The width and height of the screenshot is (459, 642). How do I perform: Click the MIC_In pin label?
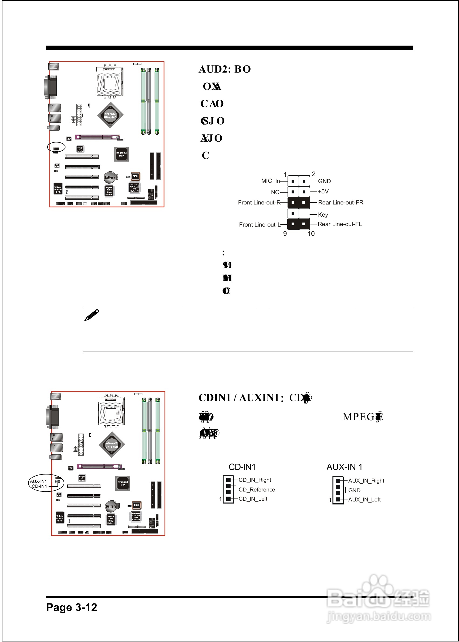[270, 181]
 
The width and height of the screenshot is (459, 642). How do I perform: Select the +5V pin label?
[323, 192]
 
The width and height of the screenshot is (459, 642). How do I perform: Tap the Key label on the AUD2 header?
[323, 214]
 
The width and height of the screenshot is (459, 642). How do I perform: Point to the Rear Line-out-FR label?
[340, 202]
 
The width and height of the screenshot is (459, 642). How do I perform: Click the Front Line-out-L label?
[259, 224]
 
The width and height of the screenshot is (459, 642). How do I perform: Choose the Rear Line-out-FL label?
[339, 224]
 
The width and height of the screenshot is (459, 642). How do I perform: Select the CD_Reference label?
[256, 490]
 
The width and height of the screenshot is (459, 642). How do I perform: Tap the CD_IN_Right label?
[255, 480]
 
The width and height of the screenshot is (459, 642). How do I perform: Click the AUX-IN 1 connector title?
[344, 467]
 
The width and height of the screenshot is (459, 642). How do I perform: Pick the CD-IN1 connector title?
[242, 467]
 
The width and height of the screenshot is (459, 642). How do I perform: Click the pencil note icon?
[92, 315]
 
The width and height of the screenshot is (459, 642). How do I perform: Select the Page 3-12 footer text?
[72, 607]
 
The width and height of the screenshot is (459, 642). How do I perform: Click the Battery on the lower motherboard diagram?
[111, 506]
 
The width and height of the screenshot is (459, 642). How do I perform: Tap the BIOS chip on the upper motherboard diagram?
[135, 176]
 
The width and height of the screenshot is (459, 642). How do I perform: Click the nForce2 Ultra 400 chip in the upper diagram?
[110, 115]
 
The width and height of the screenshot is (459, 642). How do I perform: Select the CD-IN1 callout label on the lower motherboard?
[39, 486]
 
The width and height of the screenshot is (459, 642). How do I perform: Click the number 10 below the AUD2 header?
[311, 234]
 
